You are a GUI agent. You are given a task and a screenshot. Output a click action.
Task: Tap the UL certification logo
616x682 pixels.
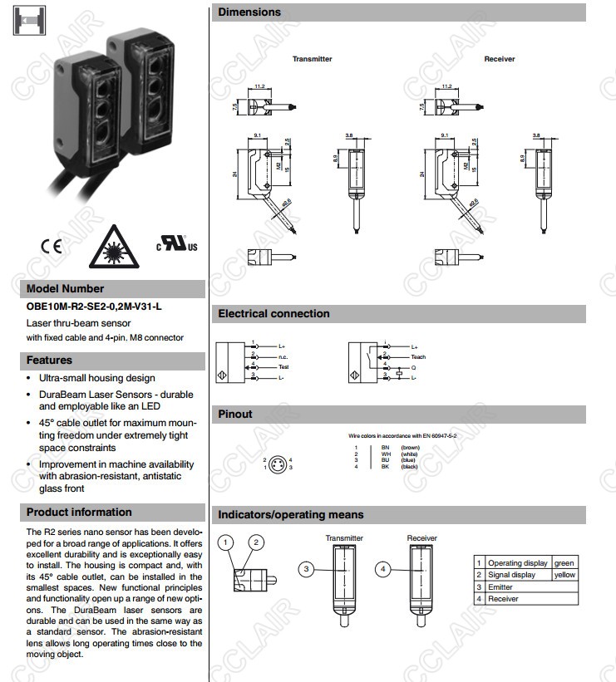177,245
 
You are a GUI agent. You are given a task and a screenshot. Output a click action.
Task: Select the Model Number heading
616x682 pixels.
66,289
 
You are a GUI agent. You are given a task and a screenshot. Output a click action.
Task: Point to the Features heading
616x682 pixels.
49,361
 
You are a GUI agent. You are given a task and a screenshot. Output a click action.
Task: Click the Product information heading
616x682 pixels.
79,512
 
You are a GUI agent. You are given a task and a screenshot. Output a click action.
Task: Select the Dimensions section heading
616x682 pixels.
249,12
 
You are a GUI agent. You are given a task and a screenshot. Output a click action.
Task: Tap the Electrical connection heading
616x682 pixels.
274,314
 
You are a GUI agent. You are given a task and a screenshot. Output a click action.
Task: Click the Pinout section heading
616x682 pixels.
235,414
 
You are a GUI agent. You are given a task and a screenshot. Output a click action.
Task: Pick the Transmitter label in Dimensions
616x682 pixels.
312,59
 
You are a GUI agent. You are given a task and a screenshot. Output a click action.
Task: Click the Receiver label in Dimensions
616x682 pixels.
500,59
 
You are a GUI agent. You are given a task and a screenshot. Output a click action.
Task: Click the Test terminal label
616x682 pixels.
283,366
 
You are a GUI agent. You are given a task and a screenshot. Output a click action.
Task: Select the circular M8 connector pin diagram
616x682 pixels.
282,463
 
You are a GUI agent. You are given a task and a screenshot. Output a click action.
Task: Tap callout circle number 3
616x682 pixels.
307,569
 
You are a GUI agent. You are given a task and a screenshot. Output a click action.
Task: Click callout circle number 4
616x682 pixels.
382,569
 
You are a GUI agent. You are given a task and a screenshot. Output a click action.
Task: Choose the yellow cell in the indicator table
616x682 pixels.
564,575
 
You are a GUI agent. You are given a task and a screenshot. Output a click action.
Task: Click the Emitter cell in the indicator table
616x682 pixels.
501,587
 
